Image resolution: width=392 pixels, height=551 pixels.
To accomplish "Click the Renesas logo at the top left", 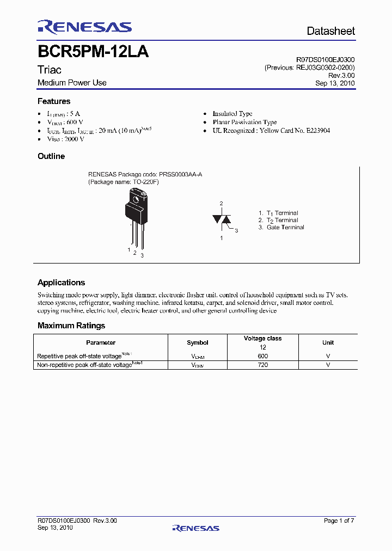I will (x=84, y=27).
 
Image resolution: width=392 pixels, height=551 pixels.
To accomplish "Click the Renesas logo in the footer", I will (x=195, y=528).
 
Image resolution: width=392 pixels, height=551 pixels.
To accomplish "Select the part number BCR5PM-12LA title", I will (x=93, y=52).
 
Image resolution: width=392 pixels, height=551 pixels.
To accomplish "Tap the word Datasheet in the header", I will (x=330, y=31).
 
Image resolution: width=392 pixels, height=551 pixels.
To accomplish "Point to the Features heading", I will (x=53, y=101).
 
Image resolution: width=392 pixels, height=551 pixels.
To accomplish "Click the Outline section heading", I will (x=51, y=156).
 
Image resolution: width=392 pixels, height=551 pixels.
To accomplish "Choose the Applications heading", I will (x=61, y=283).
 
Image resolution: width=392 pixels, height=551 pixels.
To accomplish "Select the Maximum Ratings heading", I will (x=71, y=326).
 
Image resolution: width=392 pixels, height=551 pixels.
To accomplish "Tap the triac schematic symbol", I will (x=222, y=219).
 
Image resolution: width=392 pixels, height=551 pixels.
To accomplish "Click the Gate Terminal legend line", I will (x=281, y=228).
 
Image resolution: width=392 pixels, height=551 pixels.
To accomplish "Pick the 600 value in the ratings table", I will (x=263, y=356).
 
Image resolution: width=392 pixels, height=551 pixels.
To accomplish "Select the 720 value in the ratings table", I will (x=263, y=365).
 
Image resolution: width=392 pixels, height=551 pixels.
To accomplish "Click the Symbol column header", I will (x=197, y=342).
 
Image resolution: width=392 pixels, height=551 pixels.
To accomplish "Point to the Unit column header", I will (x=328, y=342).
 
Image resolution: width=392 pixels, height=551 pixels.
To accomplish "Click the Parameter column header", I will (x=101, y=342).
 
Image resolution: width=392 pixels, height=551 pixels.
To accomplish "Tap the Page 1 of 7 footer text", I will (x=339, y=521).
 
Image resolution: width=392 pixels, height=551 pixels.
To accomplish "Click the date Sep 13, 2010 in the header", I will (x=335, y=83).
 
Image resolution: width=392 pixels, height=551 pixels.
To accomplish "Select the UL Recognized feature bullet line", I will (x=271, y=131).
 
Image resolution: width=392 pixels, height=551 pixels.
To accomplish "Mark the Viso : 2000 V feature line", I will (x=65, y=139).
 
